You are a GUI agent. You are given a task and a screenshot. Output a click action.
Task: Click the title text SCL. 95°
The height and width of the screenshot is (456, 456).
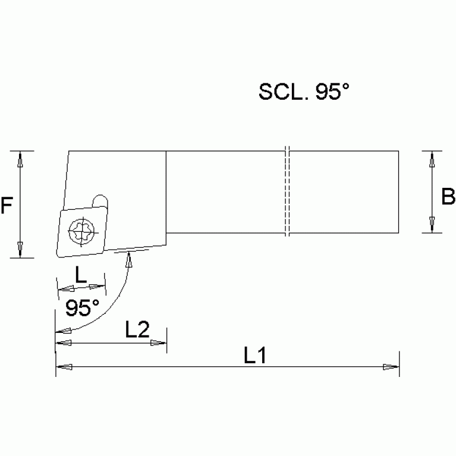click(304, 92)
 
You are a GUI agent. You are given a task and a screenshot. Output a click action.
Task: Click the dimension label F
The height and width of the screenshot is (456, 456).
click(7, 206)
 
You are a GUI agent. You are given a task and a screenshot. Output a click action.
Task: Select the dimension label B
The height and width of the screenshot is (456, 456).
click(448, 196)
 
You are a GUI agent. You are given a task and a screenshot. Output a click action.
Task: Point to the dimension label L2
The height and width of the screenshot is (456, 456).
click(137, 329)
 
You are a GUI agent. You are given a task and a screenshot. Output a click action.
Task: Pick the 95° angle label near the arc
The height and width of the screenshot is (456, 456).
click(81, 308)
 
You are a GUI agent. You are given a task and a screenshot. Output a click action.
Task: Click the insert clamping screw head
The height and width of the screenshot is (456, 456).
click(80, 231)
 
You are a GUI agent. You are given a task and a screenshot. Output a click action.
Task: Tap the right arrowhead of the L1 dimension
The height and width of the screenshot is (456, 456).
click(391, 367)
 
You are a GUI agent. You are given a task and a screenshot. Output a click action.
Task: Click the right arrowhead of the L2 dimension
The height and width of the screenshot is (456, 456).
click(159, 343)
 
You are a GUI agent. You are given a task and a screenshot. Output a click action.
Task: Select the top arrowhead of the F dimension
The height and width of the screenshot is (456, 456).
click(21, 159)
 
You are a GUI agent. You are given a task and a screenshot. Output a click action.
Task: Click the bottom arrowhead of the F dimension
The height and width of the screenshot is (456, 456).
click(21, 249)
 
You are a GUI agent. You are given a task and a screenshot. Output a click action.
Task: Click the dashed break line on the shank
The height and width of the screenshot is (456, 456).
click(286, 191)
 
